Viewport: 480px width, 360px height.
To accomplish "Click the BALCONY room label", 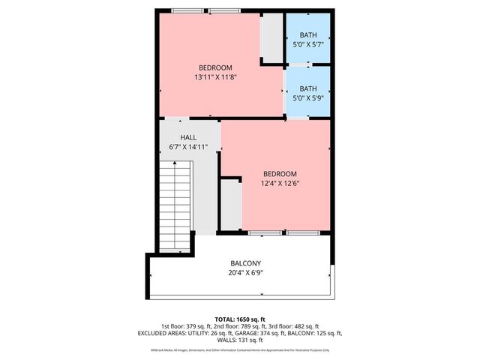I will pyautogui.click(x=245, y=263).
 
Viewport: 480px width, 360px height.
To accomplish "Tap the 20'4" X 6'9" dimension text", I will pyautogui.click(x=245, y=273).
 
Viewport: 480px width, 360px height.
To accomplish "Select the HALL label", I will pyautogui.click(x=188, y=137).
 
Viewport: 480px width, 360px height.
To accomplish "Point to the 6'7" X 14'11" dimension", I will pyautogui.click(x=188, y=147).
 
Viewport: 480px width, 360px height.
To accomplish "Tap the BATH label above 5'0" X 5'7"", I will pyautogui.click(x=308, y=35).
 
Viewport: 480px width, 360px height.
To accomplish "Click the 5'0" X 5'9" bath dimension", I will pyautogui.click(x=308, y=97).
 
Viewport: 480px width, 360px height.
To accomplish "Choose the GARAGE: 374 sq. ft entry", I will pyautogui.click(x=259, y=333).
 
